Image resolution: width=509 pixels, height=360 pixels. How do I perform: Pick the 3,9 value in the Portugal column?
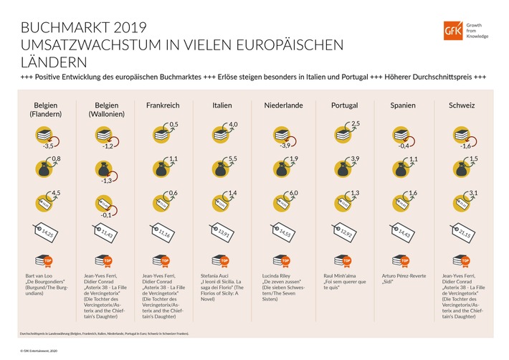tap(354, 158)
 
